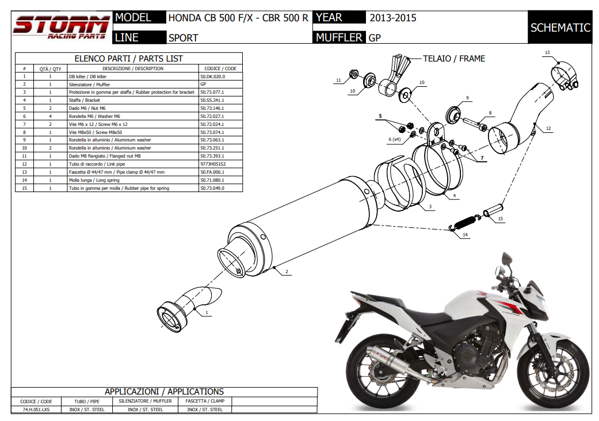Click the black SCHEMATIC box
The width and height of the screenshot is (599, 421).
tap(560, 28)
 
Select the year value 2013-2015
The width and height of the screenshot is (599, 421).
tap(393, 18)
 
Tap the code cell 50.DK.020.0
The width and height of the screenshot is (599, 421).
tap(212, 76)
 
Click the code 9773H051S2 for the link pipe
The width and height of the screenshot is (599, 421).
tap(213, 164)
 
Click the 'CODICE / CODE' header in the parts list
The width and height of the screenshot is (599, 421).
tap(220, 68)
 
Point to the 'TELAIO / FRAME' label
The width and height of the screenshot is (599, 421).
tap(453, 59)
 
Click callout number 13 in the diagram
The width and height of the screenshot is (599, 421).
tap(547, 53)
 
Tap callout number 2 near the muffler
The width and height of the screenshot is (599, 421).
tap(286, 271)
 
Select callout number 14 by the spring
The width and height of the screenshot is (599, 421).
tap(465, 235)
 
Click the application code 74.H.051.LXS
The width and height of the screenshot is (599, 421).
tap(36, 409)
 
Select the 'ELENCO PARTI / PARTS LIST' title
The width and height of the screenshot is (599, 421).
tap(129, 59)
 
